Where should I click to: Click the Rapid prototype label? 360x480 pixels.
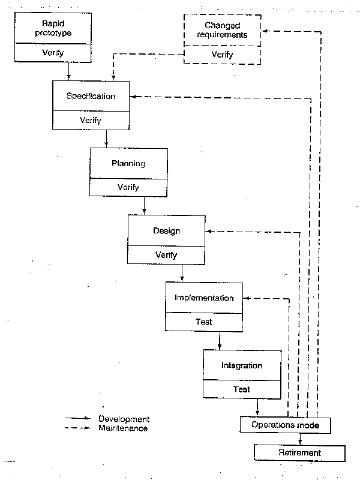[53, 29]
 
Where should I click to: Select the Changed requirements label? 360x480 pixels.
[222, 30]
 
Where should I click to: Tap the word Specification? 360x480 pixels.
[91, 96]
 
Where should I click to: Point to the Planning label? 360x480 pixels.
[128, 163]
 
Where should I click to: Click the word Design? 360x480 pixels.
[166, 230]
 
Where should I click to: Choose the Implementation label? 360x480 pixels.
[204, 298]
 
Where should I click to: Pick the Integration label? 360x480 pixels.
[242, 365]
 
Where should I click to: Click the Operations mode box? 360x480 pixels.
[285, 425]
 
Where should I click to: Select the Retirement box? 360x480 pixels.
[299, 452]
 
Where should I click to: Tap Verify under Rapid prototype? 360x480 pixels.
[53, 53]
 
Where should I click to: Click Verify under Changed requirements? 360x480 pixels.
[222, 54]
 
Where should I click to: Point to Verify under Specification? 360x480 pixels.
[91, 120]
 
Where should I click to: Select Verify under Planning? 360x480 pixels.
[128, 187]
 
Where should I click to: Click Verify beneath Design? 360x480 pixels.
[166, 254]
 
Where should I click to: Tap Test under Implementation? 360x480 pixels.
[204, 322]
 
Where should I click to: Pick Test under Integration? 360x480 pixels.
[242, 389]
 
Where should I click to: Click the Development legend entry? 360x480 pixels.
[124, 419]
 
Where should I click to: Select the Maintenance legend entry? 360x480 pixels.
[123, 428]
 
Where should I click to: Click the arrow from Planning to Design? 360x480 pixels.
[144, 205]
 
